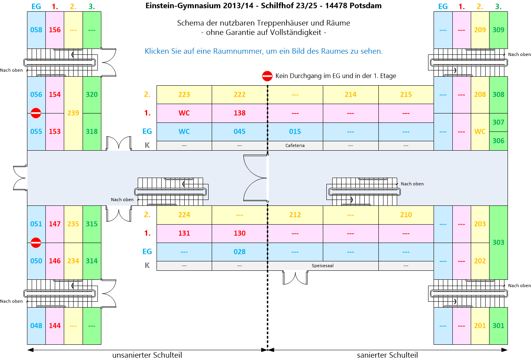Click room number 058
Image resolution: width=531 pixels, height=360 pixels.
(x=36, y=30)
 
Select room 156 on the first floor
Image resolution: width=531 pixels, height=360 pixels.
(x=55, y=30)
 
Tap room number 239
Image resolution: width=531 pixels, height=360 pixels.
(x=73, y=113)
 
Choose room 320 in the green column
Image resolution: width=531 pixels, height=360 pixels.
(x=92, y=94)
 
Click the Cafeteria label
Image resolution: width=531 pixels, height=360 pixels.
(x=295, y=146)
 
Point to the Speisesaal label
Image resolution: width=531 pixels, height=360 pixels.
(x=323, y=266)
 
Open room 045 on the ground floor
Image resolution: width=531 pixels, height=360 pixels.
(x=239, y=131)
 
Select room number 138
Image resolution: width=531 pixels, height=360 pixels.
(x=239, y=113)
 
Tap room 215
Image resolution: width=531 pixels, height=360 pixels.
(x=406, y=94)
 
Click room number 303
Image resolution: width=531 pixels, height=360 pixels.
(x=498, y=242)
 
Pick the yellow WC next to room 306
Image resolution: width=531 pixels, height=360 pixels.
(x=480, y=131)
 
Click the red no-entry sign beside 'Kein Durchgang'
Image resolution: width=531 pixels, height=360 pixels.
(x=267, y=76)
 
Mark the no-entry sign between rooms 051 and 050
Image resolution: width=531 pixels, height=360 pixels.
(x=36, y=243)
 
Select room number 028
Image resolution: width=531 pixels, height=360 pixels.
(x=239, y=252)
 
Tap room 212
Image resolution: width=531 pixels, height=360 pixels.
(x=295, y=215)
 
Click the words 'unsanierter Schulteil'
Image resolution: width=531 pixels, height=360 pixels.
(x=147, y=355)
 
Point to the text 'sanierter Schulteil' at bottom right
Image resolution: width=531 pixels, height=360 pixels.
(x=387, y=355)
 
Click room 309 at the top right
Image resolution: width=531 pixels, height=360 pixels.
(x=498, y=30)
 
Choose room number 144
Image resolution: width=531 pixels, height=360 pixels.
(x=55, y=326)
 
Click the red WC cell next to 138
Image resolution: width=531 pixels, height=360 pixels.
(x=184, y=113)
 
